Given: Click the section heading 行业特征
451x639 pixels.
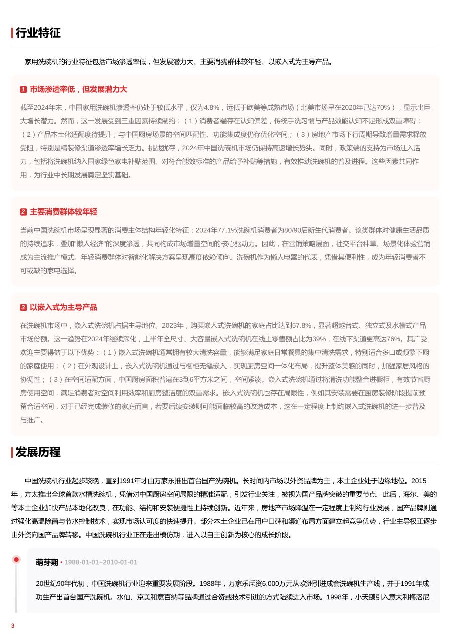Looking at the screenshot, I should [38, 33].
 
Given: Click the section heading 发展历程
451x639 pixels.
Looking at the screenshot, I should [38, 452].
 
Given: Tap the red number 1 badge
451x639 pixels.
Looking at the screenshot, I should [23, 90].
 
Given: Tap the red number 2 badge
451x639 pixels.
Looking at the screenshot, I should [23, 212].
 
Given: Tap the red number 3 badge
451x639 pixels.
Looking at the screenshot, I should [23, 307].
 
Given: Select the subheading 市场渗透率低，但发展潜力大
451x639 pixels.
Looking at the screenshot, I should [78, 90].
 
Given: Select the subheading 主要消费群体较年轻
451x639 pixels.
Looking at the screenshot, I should [63, 212].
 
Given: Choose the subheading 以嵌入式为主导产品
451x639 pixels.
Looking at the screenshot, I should [63, 307].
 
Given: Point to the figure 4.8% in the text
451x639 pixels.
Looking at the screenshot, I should [212, 108].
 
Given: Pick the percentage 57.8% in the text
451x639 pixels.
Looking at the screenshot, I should [301, 325].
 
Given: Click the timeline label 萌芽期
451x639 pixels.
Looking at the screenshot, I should [47, 562].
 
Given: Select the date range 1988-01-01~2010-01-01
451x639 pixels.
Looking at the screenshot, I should [101, 562].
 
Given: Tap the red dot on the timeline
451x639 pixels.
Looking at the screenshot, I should [16, 560].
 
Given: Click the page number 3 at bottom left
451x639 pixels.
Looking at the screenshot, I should [13, 626].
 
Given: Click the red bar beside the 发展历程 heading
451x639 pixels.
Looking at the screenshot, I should [12, 452].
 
